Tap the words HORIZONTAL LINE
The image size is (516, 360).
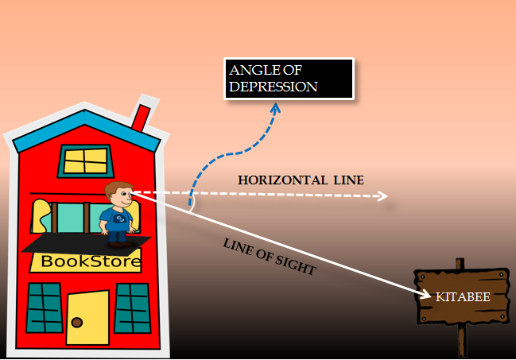pos(301,180)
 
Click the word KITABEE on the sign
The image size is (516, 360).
pos(462,297)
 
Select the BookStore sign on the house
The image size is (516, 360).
pos(91,261)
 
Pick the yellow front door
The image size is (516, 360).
pos(87,317)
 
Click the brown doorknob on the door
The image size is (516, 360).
pos(77,322)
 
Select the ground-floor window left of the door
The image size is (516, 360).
pos(44,308)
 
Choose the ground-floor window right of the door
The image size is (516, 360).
pos(132,308)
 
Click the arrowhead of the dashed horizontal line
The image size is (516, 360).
pos(383,196)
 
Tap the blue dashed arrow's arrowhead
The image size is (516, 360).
pos(276,109)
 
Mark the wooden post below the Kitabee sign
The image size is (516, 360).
pos(461,342)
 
